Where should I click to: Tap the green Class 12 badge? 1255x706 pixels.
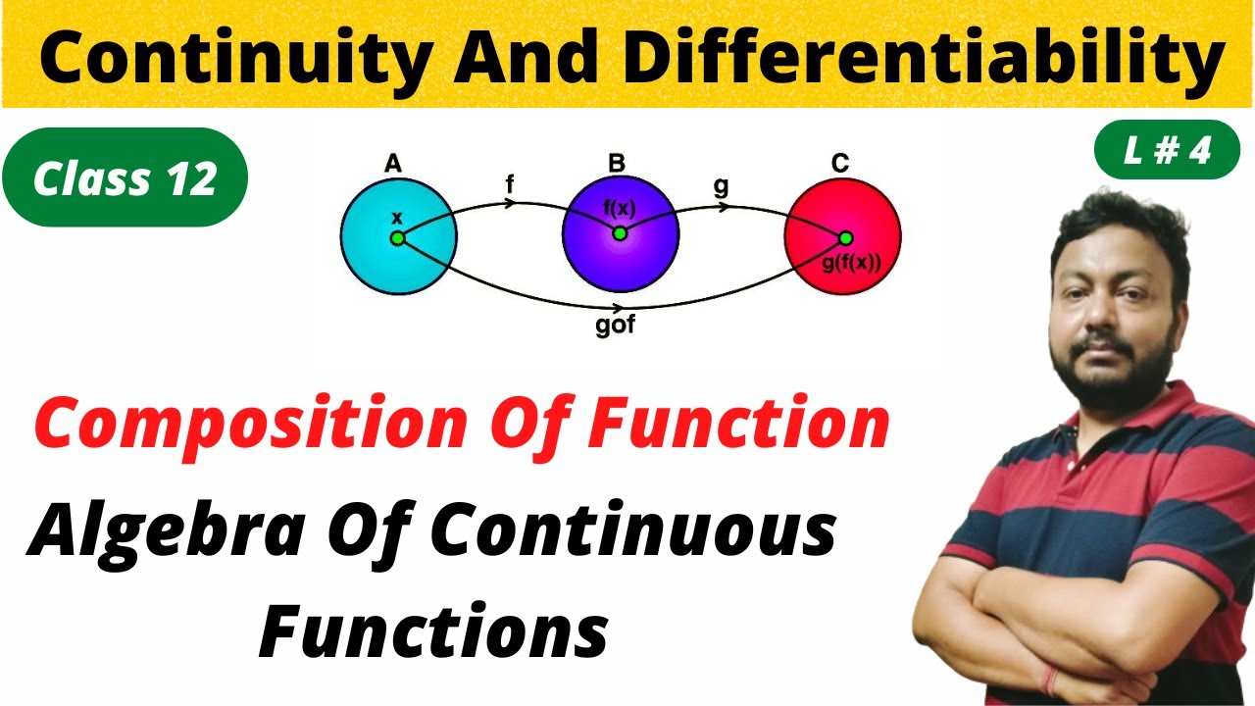125,178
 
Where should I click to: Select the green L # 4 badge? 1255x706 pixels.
1167,152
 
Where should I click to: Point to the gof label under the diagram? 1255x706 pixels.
616,326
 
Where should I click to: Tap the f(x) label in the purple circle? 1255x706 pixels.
620,207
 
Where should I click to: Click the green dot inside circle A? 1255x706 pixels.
397,238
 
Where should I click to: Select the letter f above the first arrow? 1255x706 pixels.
510,184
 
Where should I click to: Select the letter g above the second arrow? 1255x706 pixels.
722,186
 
